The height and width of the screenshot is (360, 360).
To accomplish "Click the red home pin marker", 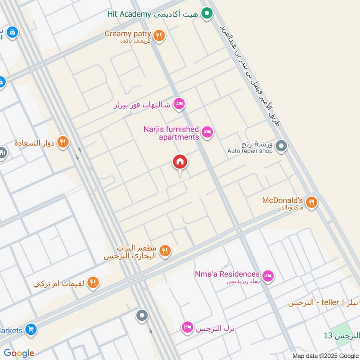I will pos(180,162).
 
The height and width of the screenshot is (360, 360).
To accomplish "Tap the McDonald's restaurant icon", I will pos(311,202).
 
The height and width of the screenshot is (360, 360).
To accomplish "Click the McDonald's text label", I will pos(283,199).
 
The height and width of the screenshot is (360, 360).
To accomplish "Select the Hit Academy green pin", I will pos(207,13).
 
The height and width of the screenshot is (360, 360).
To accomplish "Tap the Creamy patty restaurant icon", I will pos(158,35).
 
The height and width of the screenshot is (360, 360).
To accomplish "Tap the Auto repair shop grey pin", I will pos(281,146).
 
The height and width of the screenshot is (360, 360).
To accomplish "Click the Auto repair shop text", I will pos(250,151).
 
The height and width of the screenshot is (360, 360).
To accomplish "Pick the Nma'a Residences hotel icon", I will pos(268,275).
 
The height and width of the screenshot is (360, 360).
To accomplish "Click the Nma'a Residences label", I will pos(227,274).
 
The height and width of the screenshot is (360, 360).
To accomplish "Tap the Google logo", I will pos(19,353).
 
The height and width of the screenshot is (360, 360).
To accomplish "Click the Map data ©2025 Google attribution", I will pos(324,355).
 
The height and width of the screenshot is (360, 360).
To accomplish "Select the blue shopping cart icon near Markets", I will pos(31,330).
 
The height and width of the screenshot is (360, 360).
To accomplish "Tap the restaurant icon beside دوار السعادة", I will pos(63,143).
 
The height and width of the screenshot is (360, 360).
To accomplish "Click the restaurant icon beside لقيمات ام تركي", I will pos(93,283).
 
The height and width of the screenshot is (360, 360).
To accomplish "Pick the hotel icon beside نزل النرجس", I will pos(187,328).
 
